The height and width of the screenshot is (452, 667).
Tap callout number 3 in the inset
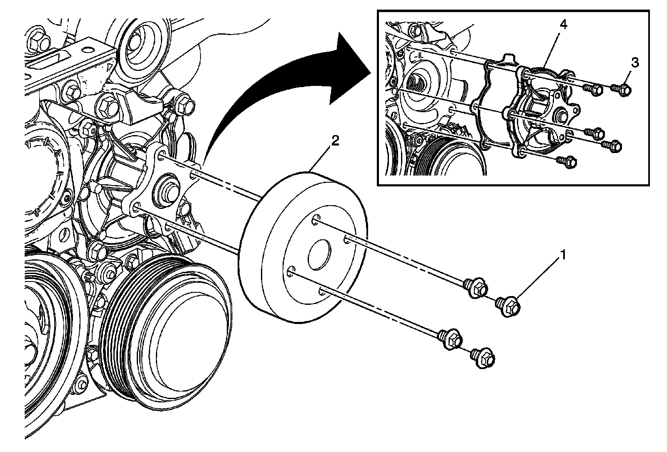(x=634, y=63)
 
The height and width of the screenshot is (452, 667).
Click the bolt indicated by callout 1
(x=508, y=306)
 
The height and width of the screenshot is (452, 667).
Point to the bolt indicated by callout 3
(x=622, y=89)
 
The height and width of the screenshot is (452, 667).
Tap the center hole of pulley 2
(x=319, y=256)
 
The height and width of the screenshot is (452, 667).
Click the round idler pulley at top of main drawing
(x=142, y=46)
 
